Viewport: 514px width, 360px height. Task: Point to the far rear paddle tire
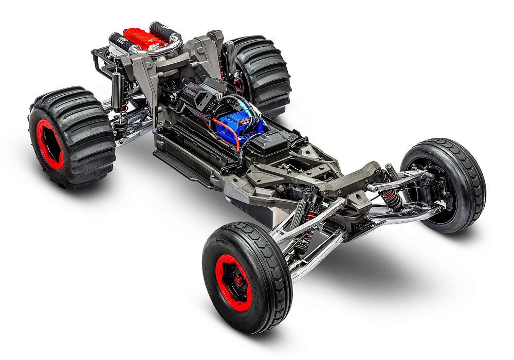(x=260, y=72)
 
